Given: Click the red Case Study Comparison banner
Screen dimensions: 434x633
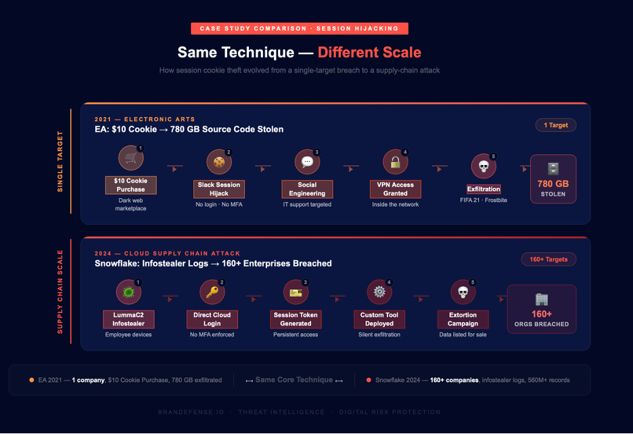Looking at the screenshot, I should (x=299, y=28).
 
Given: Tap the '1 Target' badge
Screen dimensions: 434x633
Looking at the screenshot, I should (x=555, y=125).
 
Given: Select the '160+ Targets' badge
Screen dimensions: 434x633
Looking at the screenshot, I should (x=548, y=259).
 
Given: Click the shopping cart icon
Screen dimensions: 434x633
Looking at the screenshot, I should (x=131, y=158).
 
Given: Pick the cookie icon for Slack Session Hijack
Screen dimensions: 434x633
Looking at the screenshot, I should (x=219, y=162).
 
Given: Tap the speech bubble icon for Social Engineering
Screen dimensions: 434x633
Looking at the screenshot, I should (x=307, y=162).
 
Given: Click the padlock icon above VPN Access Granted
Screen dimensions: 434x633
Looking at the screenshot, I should (x=395, y=162).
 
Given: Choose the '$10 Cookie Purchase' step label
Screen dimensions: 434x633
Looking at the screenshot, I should (x=131, y=185).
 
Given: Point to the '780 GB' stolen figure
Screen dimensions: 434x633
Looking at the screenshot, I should (x=553, y=184).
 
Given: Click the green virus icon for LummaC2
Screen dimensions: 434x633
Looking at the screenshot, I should (x=128, y=292).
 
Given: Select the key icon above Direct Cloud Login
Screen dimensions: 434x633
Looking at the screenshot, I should (x=212, y=292).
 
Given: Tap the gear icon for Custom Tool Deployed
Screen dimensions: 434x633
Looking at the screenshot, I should (x=379, y=292).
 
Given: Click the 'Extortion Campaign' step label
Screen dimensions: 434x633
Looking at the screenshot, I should (x=463, y=319).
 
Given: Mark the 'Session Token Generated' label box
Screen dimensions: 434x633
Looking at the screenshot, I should (x=296, y=319).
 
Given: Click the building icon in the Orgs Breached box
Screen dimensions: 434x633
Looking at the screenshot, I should (x=541, y=299).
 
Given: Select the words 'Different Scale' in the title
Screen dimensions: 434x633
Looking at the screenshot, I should (x=369, y=53).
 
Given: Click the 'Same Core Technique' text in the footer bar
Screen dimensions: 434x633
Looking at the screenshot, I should (x=294, y=380).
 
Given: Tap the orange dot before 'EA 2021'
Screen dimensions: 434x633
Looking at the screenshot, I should (x=32, y=380).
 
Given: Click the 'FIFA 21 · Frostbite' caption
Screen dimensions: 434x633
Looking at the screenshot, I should (x=484, y=201).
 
